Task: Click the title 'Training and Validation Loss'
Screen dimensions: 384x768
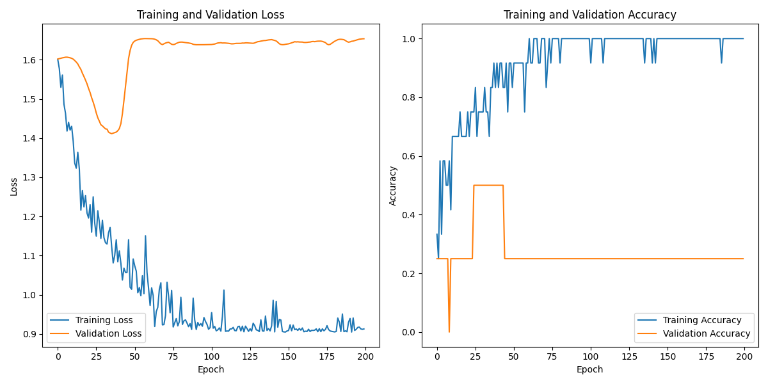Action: pyautogui.click(x=211, y=15)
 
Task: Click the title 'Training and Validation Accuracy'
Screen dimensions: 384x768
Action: pyautogui.click(x=589, y=15)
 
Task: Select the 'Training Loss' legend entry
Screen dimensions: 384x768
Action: pyautogui.click(x=104, y=320)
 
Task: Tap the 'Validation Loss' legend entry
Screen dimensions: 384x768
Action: pyautogui.click(x=108, y=333)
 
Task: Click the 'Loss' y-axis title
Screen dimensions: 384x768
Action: pyautogui.click(x=13, y=186)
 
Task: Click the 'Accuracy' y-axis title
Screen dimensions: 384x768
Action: pyautogui.click(x=393, y=186)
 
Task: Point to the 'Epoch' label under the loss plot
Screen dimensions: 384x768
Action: pyautogui.click(x=211, y=369)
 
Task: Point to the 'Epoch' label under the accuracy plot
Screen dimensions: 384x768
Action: pyautogui.click(x=589, y=369)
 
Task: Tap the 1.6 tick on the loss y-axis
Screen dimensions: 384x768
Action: pyautogui.click(x=30, y=60)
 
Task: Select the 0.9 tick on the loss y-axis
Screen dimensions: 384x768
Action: pyautogui.click(x=30, y=334)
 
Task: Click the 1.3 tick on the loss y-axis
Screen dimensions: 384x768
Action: pyautogui.click(x=30, y=177)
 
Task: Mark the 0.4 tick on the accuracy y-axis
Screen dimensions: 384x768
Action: pyautogui.click(x=410, y=215)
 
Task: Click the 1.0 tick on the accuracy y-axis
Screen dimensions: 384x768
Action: pyautogui.click(x=410, y=39)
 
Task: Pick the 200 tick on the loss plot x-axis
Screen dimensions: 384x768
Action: pyautogui.click(x=365, y=355)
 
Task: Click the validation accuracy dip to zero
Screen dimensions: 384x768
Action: pyautogui.click(x=449, y=332)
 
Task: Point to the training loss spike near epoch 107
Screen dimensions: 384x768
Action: pyautogui.click(x=223, y=291)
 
